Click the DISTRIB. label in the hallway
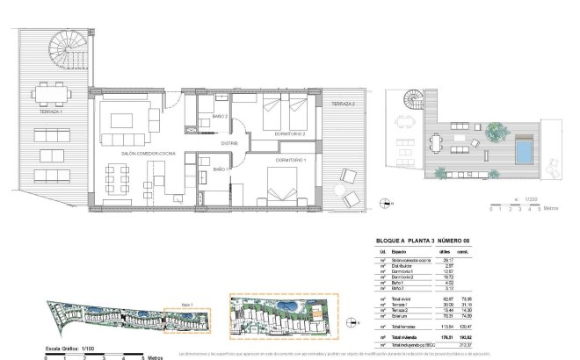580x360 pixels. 230,142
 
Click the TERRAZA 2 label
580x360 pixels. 344,104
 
